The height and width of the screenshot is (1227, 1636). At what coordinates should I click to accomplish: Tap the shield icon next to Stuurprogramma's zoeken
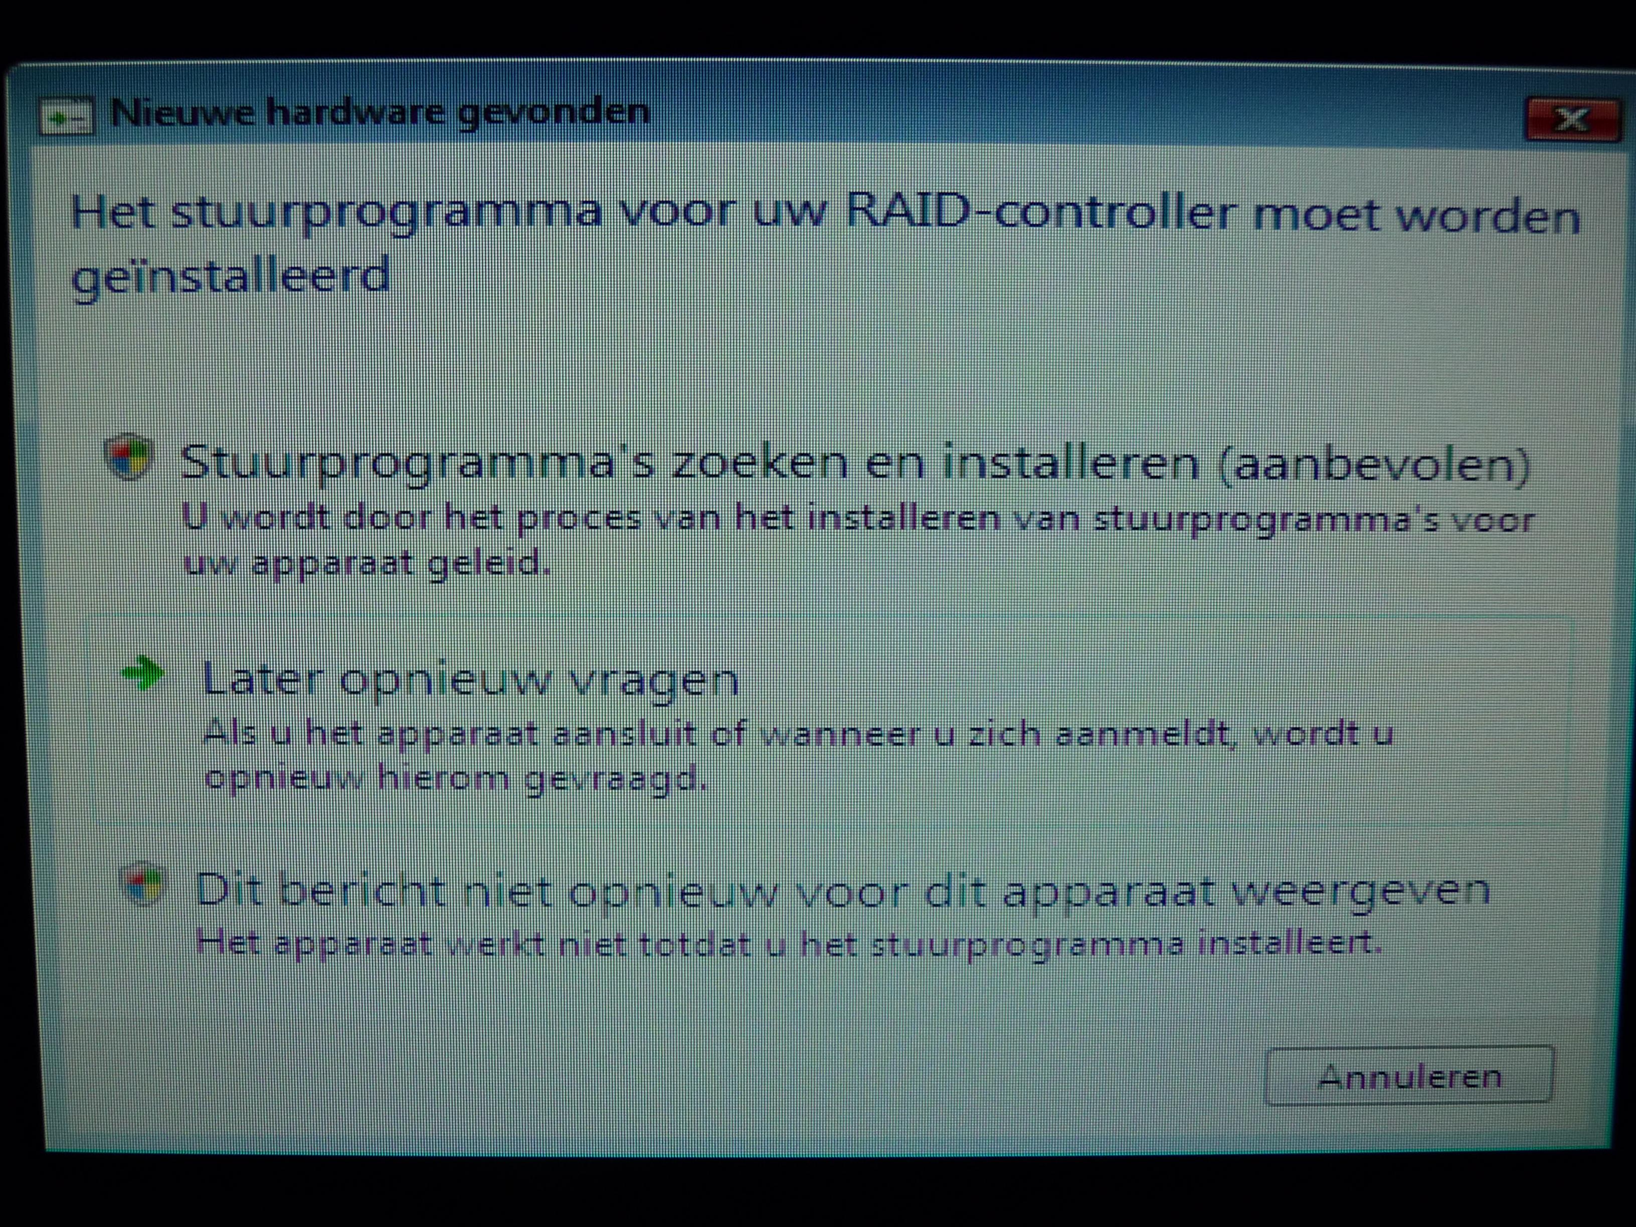[129, 456]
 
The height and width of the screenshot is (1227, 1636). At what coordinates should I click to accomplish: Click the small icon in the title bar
[67, 117]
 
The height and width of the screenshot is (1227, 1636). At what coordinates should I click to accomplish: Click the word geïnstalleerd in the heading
[230, 276]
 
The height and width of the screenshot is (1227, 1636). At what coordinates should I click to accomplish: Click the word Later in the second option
[263, 678]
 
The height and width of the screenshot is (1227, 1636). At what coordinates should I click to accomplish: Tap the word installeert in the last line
[1289, 943]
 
